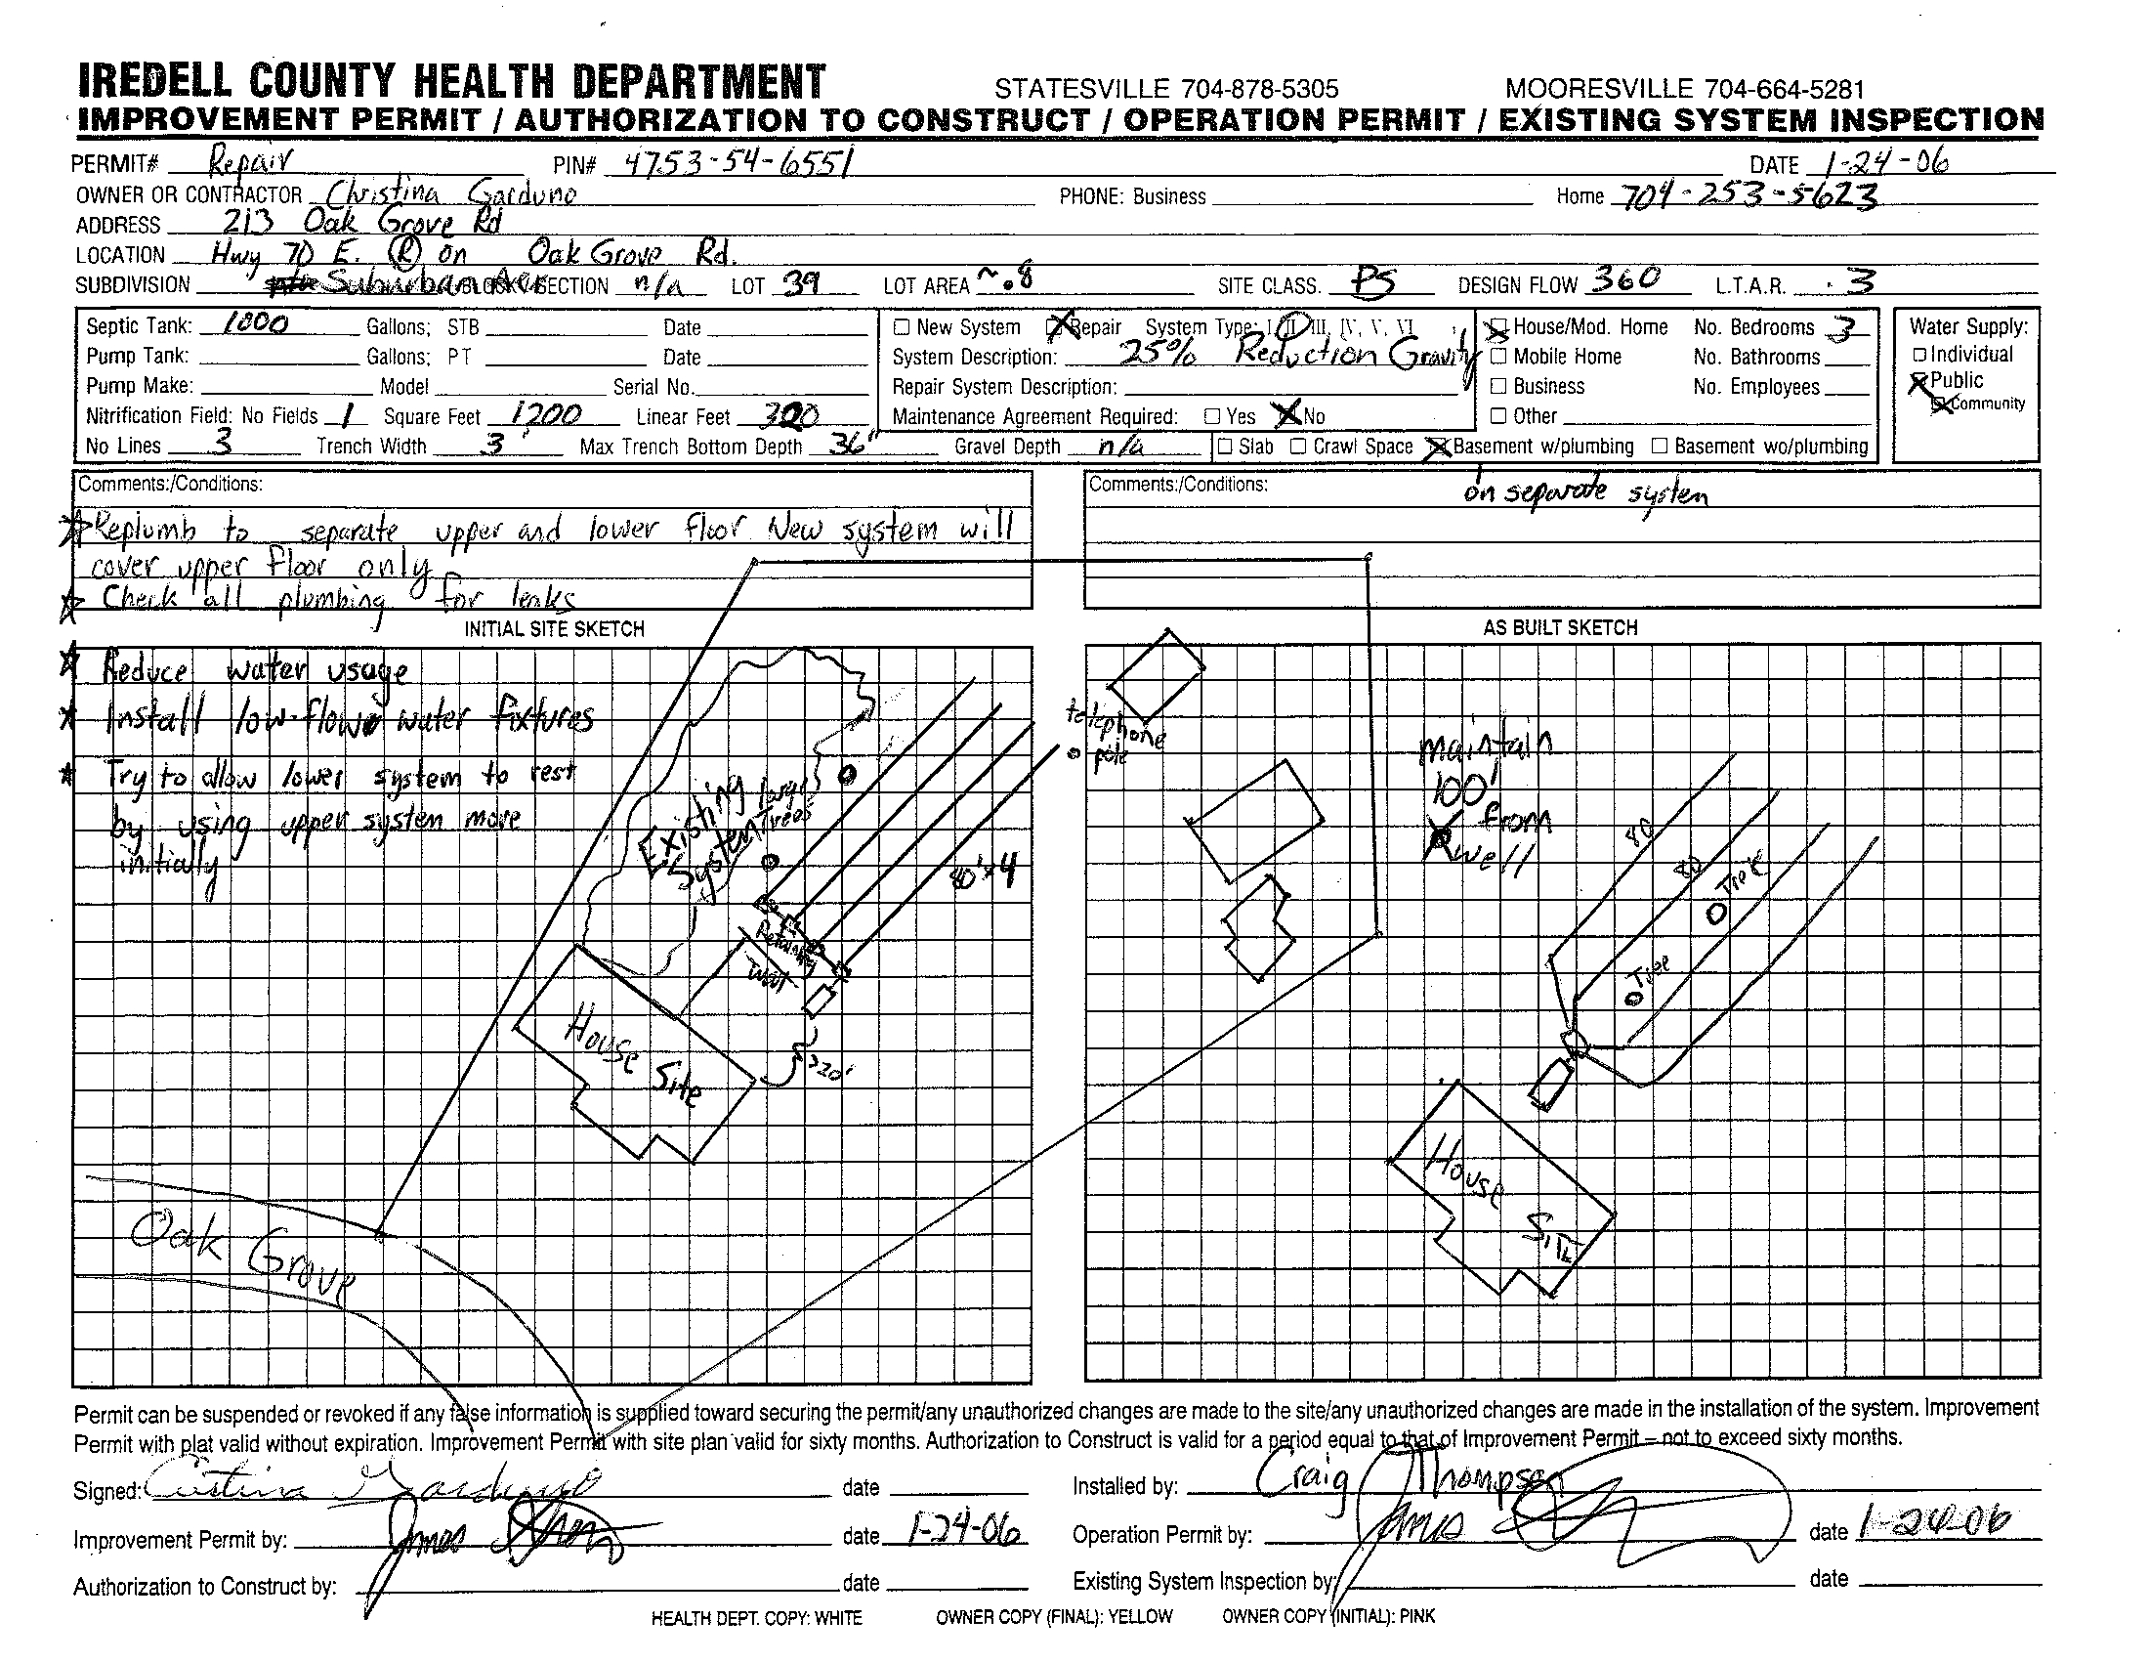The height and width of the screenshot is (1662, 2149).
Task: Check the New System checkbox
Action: (902, 327)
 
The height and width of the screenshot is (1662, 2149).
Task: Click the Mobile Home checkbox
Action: (1498, 357)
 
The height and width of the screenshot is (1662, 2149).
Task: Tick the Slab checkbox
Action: (1225, 446)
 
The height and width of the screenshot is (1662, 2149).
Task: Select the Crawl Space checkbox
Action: (1298, 446)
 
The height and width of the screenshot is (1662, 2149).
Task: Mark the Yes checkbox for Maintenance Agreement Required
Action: (1213, 416)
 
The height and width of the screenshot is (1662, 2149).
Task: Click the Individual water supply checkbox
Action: (1918, 356)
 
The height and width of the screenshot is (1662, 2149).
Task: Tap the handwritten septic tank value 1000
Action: (255, 324)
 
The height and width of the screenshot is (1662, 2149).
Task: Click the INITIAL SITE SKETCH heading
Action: (554, 629)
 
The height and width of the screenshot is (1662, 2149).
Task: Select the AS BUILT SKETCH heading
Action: (1560, 628)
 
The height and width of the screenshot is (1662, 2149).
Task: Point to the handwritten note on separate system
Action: (1585, 492)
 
